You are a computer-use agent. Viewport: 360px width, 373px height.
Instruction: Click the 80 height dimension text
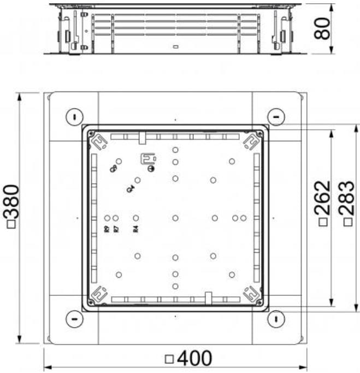point(323,28)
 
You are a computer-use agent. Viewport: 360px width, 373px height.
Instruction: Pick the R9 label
point(107,230)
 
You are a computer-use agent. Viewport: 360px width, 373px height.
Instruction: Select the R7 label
point(116,230)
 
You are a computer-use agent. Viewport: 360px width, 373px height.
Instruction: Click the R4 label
point(136,230)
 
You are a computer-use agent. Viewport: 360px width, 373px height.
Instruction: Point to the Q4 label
point(130,189)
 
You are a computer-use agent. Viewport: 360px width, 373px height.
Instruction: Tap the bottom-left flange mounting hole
point(73,319)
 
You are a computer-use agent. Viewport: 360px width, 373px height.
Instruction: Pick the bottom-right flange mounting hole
point(276,319)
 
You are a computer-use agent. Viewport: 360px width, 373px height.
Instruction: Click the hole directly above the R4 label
point(136,218)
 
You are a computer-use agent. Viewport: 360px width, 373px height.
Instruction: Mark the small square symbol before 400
point(169,359)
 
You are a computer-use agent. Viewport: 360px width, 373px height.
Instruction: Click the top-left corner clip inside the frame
point(99,142)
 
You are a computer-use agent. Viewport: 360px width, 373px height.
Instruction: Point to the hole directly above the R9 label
point(107,218)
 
